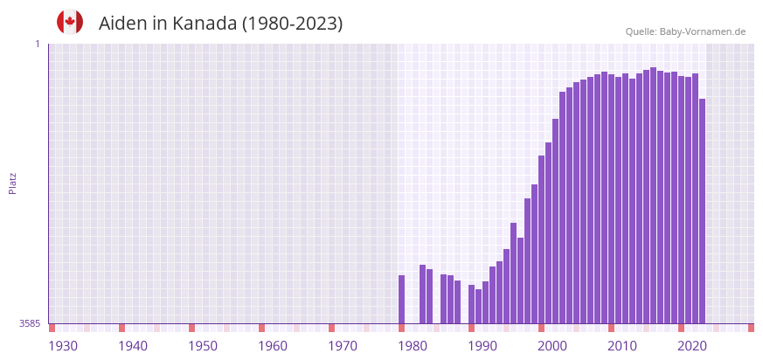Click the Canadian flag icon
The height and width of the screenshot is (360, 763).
(x=70, y=23)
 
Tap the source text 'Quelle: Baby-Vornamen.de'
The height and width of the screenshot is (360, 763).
(x=685, y=31)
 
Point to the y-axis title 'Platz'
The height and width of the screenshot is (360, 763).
(x=13, y=183)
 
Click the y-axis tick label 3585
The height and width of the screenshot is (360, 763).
(x=30, y=323)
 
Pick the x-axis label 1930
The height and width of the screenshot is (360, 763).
(x=63, y=346)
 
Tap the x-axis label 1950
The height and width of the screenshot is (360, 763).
(x=203, y=346)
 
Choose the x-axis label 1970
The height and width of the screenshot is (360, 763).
(x=343, y=346)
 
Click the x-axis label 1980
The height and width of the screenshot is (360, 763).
(x=413, y=346)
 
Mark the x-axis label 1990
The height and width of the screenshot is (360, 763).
(x=482, y=346)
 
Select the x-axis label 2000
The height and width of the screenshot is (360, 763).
(x=552, y=346)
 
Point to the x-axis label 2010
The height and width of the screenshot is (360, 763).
(x=622, y=346)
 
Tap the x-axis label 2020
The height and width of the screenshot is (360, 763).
(x=692, y=346)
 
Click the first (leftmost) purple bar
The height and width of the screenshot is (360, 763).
(x=402, y=300)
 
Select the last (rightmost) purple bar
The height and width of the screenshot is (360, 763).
(x=702, y=210)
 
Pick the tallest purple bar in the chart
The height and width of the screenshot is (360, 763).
(x=653, y=194)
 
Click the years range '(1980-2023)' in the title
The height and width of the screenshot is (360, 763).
(x=292, y=24)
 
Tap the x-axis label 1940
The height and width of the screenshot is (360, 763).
(x=133, y=346)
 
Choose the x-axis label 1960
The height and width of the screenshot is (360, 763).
(x=273, y=346)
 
